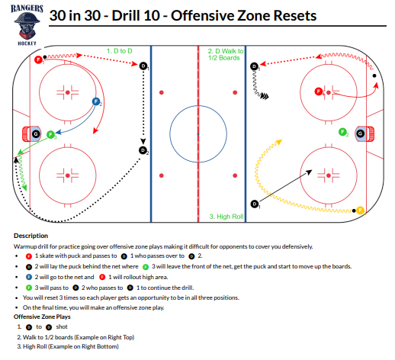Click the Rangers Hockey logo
[27, 25]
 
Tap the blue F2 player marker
[96, 101]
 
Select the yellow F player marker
[360, 211]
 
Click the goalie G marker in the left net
[36, 133]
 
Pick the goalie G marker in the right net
[360, 133]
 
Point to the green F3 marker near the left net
[50, 134]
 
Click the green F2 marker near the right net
[342, 132]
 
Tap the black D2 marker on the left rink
[143, 150]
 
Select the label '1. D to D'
[120, 51]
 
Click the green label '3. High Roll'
[226, 217]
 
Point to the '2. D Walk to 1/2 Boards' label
[226, 54]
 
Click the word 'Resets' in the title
[295, 16]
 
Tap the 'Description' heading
[31, 236]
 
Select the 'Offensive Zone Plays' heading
[42, 317]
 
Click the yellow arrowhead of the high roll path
[279, 142]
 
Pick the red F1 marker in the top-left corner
[38, 59]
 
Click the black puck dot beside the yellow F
[354, 211]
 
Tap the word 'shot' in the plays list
[62, 326]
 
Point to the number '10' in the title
[152, 16]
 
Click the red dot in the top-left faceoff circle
[68, 92]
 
